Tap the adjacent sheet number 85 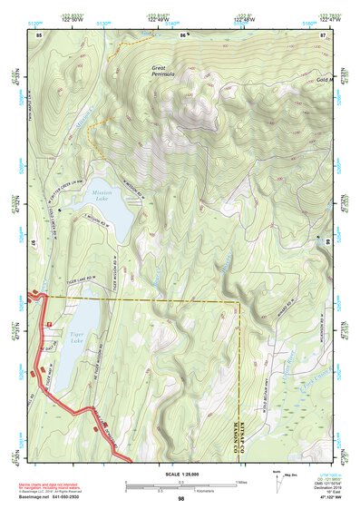38,34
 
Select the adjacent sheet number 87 324,34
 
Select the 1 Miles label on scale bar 241,481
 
